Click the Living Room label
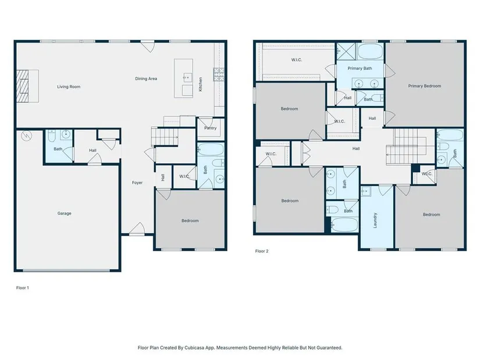[x=69, y=87]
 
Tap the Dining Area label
[x=146, y=79]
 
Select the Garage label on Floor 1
[x=64, y=213]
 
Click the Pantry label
[x=210, y=128]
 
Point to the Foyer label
[x=137, y=183]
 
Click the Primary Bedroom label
[x=425, y=86]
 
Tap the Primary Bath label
[x=360, y=68]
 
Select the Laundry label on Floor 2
[x=375, y=220]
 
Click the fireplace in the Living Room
[x=22, y=86]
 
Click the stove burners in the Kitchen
[x=219, y=74]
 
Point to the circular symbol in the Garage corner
[x=27, y=136]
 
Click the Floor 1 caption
[x=23, y=288]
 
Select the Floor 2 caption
[x=262, y=251]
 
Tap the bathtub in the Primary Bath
[x=370, y=51]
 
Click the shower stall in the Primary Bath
[x=346, y=51]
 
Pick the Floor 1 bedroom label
[x=190, y=221]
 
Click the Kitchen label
[x=201, y=84]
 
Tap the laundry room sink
[x=365, y=191]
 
